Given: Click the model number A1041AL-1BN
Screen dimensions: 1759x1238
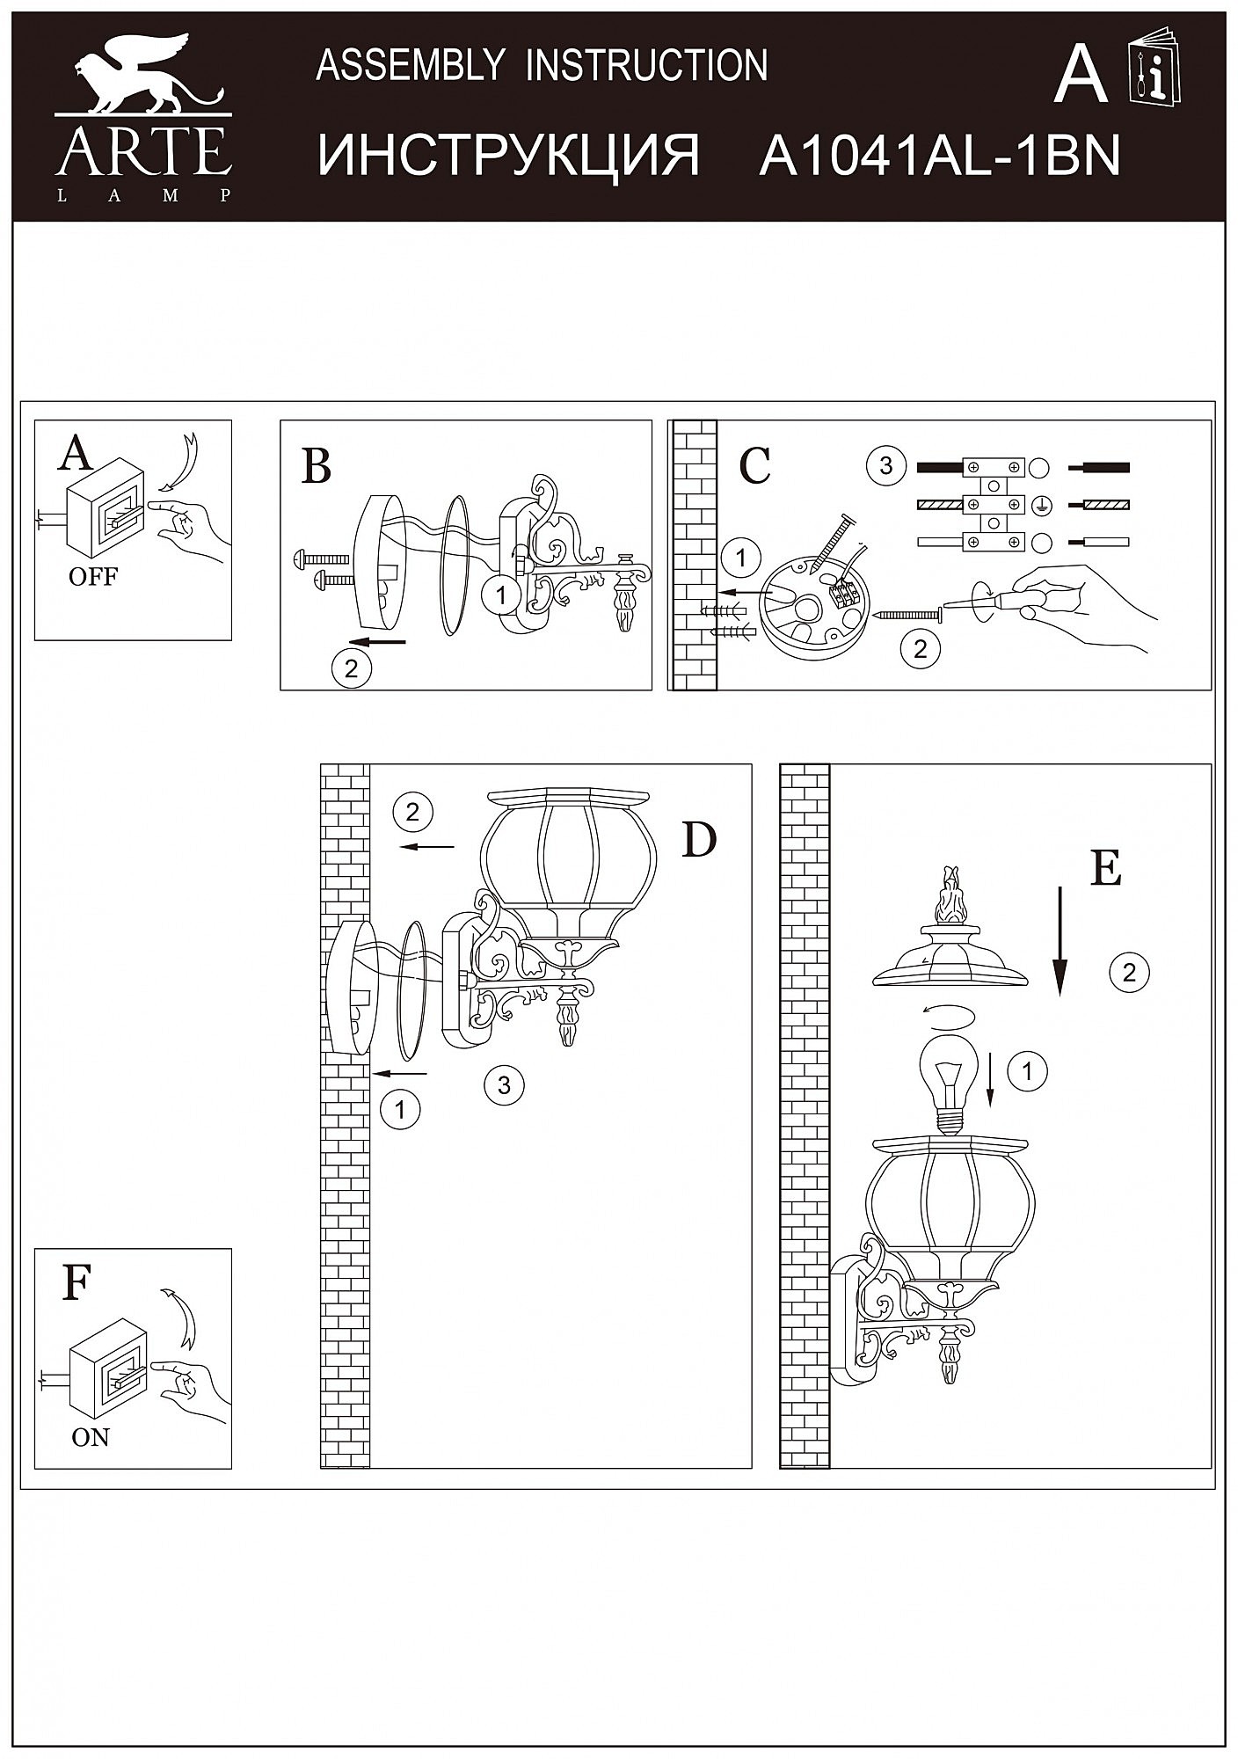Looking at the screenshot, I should (939, 156).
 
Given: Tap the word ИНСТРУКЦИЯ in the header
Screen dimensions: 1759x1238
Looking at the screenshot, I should (508, 156).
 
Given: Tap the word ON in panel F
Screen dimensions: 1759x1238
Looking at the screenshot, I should (91, 1437).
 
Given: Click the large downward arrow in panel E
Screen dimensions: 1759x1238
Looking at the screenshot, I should (1060, 941).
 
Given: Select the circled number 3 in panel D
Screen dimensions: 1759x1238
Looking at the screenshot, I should (504, 1084).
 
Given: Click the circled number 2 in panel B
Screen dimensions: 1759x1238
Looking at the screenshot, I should (352, 669).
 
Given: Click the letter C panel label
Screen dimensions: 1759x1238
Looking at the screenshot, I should (755, 466).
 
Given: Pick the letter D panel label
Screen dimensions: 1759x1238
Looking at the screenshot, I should (699, 841).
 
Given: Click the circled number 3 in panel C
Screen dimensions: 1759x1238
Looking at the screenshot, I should (885, 465).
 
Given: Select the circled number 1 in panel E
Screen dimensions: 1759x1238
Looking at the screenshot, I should (1027, 1071).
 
